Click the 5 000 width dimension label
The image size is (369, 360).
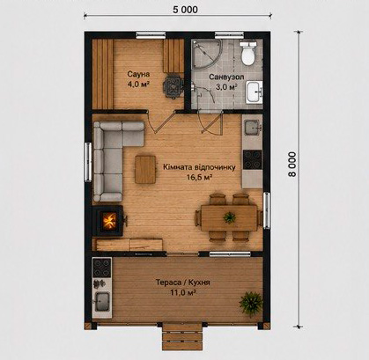[185, 10]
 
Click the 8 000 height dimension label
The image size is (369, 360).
[292, 164]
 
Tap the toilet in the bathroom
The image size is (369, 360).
[248, 53]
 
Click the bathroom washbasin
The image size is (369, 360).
[254, 92]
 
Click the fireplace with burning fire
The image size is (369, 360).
[109, 221]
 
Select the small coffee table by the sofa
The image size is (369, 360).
[145, 170]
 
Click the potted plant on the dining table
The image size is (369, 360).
[229, 217]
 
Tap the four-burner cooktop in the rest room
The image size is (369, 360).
[252, 159]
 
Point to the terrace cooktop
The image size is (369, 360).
[102, 268]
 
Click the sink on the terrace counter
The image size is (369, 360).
[102, 302]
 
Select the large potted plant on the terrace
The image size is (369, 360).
[251, 304]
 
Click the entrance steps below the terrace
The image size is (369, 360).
[182, 335]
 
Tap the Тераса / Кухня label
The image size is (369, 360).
[182, 283]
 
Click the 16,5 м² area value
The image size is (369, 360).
[199, 177]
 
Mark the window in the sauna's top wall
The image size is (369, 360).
[151, 35]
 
